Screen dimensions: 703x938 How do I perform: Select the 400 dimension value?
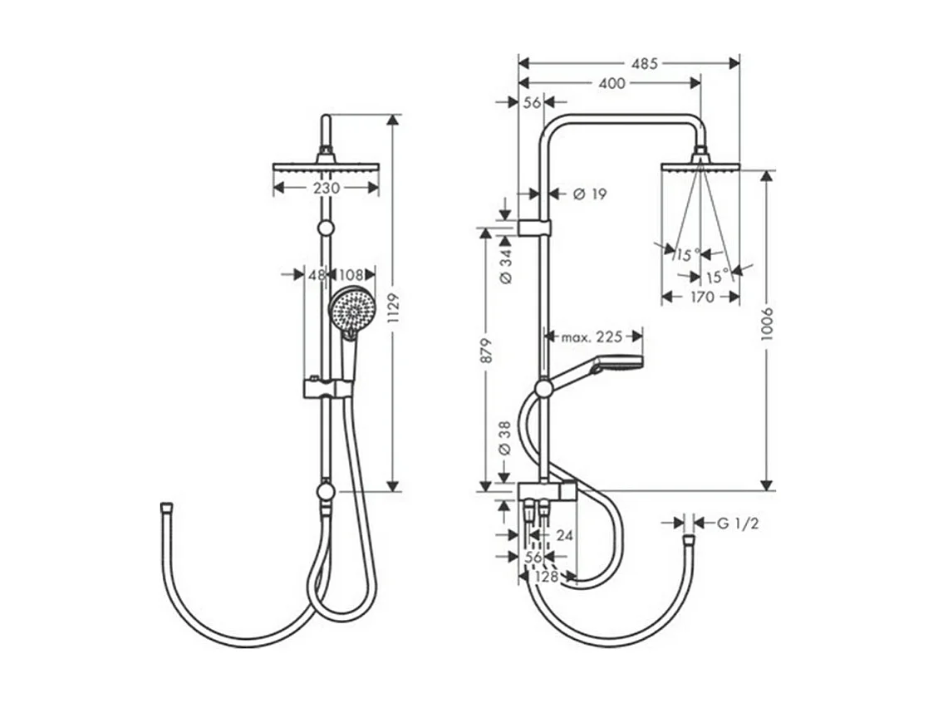[611, 83]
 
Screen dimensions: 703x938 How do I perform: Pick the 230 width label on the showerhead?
[326, 189]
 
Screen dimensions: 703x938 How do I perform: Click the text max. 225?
[592, 337]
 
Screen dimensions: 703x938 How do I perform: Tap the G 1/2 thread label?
[738, 524]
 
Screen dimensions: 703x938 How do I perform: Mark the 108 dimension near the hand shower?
[352, 275]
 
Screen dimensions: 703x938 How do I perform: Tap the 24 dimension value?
[564, 536]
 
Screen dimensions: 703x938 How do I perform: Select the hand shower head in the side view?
[615, 364]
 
